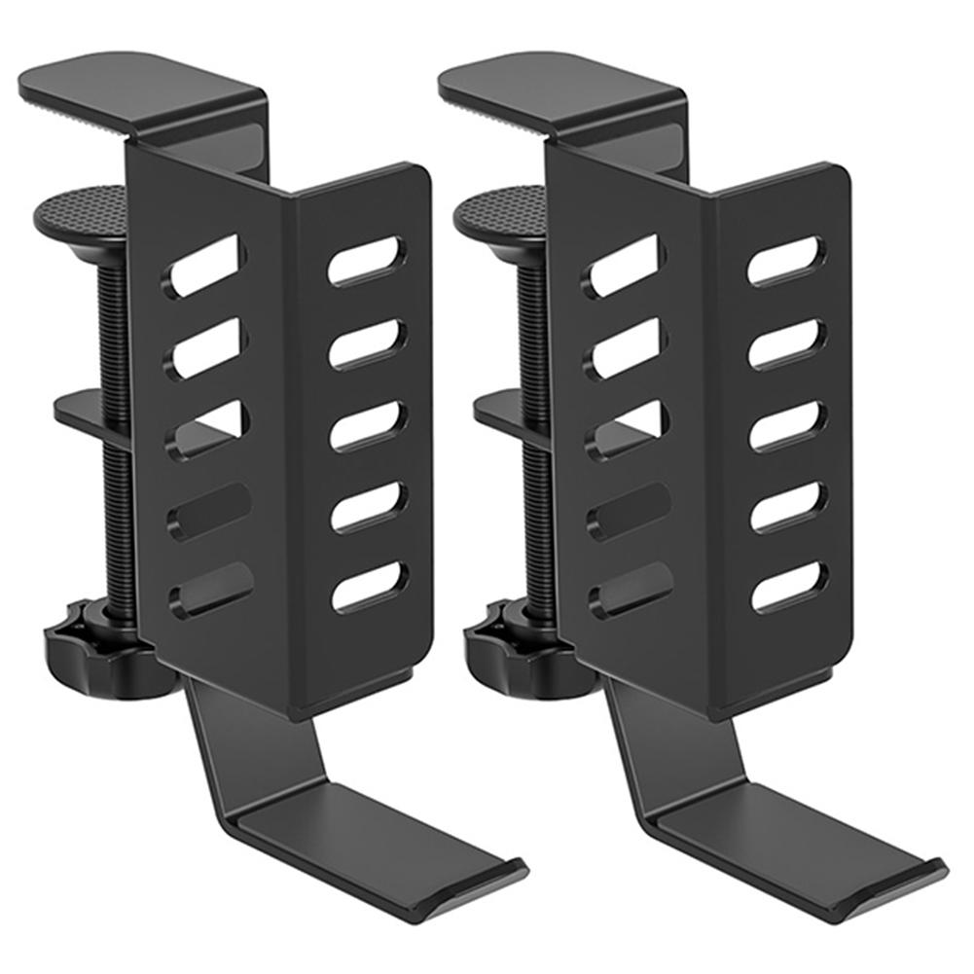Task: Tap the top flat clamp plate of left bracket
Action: (x=136, y=92)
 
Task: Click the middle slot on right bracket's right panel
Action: (x=787, y=424)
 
